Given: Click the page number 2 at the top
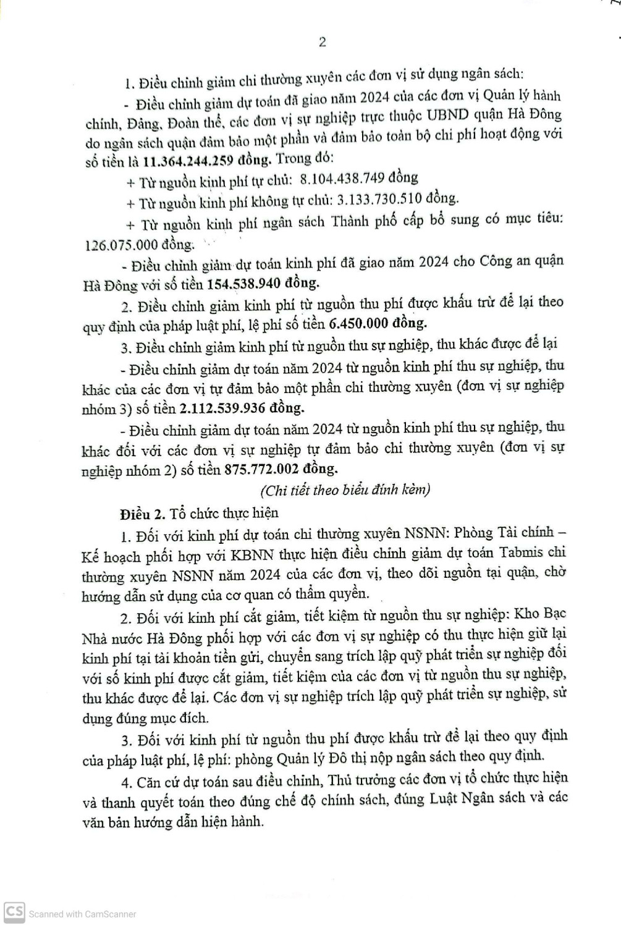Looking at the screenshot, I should (322, 42).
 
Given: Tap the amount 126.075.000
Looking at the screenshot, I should (122, 244).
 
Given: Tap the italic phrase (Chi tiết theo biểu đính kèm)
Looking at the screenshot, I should (345, 490).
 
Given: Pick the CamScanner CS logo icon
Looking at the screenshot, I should (14, 912).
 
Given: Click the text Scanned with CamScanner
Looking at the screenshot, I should (82, 913).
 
